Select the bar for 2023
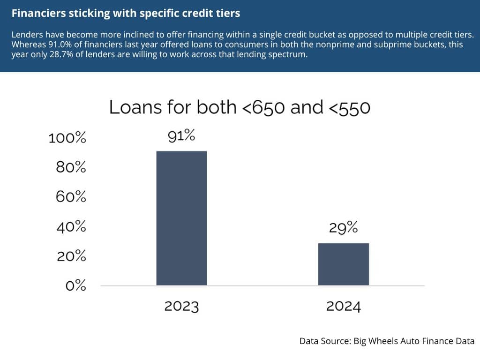(181, 218)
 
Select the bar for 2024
(344, 264)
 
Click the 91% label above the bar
(181, 135)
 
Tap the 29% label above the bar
(343, 227)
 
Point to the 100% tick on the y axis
(67, 138)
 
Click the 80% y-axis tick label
(71, 167)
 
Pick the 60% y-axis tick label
(71, 196)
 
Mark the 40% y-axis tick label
(71, 226)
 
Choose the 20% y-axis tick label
(71, 255)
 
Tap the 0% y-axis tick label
(76, 285)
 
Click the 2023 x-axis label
(181, 306)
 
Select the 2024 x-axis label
(344, 306)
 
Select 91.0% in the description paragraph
(60, 45)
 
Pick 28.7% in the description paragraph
(61, 54)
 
